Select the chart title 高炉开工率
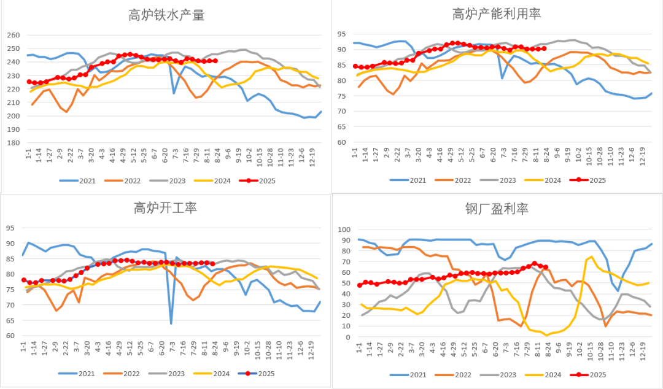165,209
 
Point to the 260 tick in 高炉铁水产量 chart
13,35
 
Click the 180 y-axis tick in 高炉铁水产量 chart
13,143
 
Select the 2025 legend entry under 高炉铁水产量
261,180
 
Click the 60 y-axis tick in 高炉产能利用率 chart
343,142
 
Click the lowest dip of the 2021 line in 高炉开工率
171,323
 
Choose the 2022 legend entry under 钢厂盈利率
457,374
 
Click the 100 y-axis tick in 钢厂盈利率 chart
344,229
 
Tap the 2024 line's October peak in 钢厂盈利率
591,256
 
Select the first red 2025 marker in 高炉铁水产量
28,82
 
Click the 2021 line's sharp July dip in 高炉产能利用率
503,78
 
